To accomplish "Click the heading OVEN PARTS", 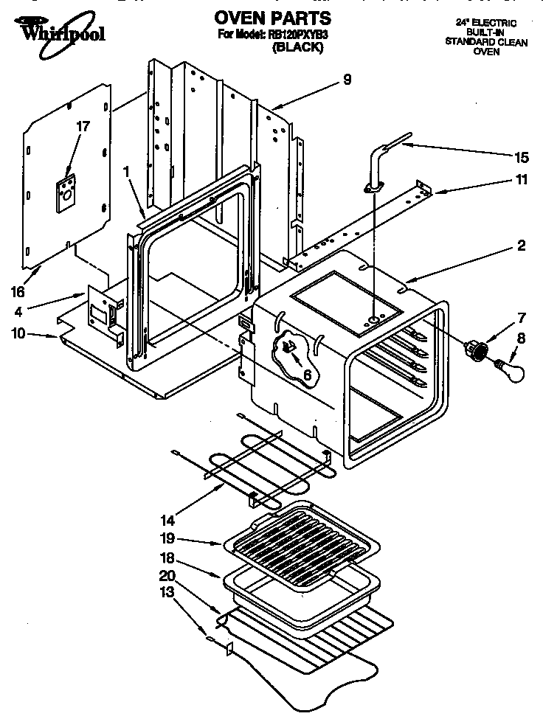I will pos(272,18).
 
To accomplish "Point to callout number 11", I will pos(521,179).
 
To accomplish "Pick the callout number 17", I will pos(83,126).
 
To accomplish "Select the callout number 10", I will pos(17,333).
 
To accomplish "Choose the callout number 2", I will pos(521,246).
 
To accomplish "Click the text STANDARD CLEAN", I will pos(485,42).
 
